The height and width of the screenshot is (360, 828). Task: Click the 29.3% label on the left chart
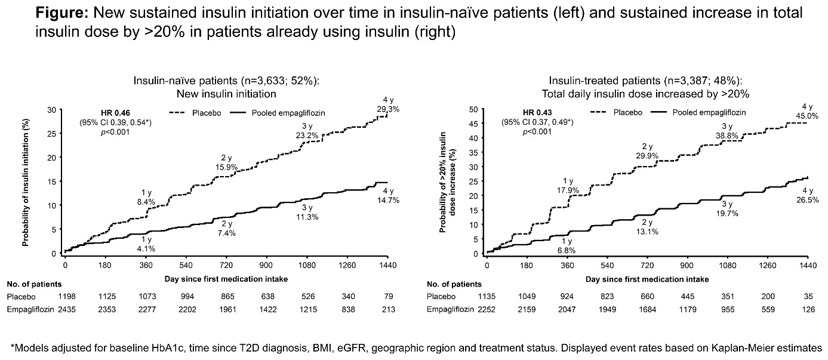tap(387, 109)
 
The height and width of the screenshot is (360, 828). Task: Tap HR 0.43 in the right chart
tap(537, 112)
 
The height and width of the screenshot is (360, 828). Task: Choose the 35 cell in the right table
tap(808, 297)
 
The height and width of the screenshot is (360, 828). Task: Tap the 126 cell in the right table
tap(808, 309)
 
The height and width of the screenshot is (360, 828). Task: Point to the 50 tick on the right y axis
tap(475, 110)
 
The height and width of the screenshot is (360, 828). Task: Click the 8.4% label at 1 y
tap(146, 201)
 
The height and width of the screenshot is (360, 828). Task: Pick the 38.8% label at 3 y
tap(727, 136)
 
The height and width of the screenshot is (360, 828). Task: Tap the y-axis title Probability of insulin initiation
tap(26, 181)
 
